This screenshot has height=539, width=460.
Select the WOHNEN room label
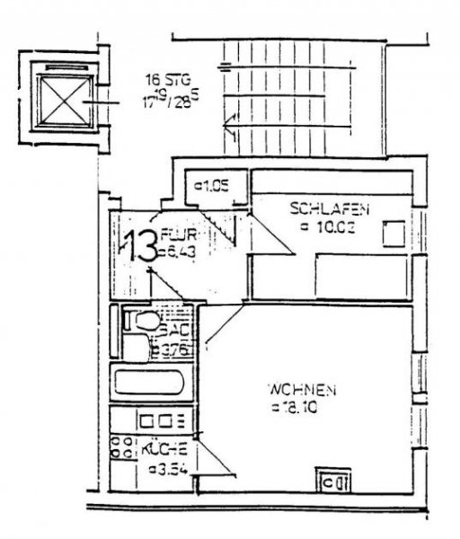pos(301,390)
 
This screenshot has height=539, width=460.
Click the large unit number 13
pos(138,246)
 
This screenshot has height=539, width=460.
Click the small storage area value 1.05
pos(213,187)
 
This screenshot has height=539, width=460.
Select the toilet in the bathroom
pos(141,322)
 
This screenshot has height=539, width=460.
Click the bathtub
pos(149,385)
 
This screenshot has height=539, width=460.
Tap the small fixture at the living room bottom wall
pos(333,483)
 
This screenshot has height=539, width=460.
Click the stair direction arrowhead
pos(231,127)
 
